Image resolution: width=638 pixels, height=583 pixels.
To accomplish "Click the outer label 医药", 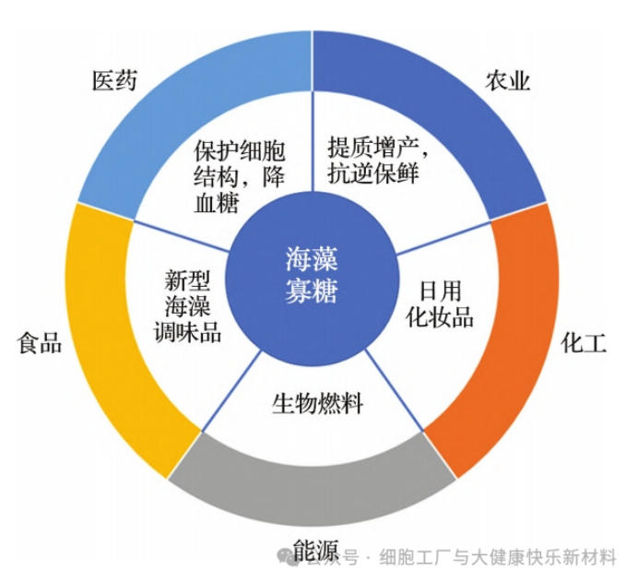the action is click(114, 80).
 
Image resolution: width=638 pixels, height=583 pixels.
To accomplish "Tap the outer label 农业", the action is click(507, 80).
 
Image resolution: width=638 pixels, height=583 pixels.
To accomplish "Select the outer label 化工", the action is click(584, 343).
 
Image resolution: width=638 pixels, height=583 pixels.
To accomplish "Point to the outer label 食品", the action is click(40, 343).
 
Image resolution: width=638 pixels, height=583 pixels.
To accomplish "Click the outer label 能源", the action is click(316, 552).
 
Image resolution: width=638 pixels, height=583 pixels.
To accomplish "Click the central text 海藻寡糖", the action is click(312, 275).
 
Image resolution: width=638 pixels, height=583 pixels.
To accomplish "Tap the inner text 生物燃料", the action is click(317, 403).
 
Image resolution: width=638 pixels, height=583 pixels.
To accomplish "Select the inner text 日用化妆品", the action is click(440, 304).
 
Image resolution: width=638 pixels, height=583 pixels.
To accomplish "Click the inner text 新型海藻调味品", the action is click(187, 306).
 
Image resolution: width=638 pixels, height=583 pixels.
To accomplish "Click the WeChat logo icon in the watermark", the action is click(288, 556).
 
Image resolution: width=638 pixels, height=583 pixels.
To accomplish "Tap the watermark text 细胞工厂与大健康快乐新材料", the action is click(498, 557).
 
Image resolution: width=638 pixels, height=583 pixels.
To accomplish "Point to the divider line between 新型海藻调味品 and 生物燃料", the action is click(231, 390).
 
